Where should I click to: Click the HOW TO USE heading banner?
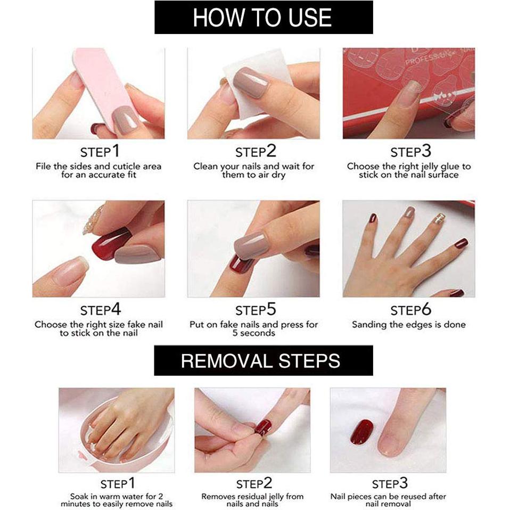point(263,18)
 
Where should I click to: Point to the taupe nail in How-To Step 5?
point(250,245)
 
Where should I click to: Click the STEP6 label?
point(410,310)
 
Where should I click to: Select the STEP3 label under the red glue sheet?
point(410,152)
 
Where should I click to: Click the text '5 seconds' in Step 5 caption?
point(253,333)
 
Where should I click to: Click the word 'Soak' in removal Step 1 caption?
point(80,496)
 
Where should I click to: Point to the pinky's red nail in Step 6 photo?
point(460,243)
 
